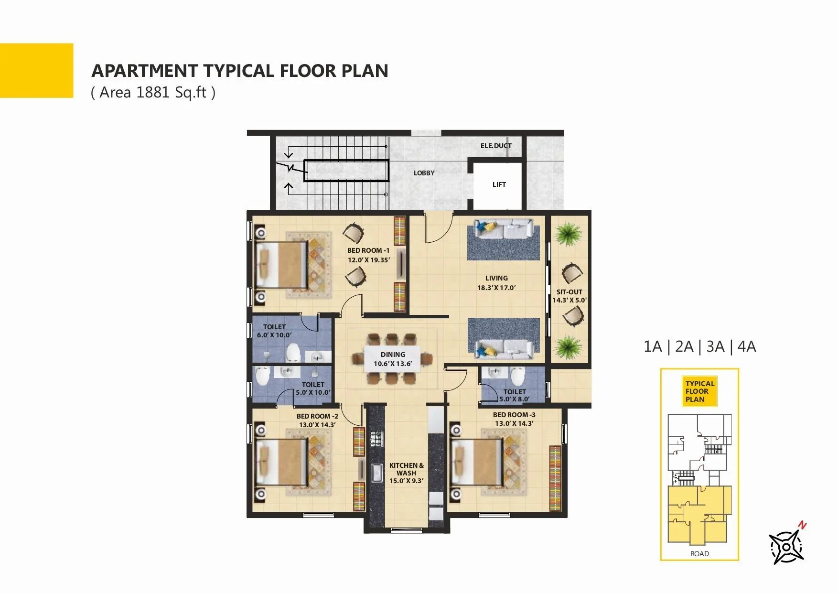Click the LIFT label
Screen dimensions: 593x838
pos(499,184)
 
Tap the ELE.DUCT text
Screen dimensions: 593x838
pos(496,146)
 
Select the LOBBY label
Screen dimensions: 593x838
pos(424,173)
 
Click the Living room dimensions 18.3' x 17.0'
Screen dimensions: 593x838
pos(496,288)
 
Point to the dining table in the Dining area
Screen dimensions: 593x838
pos(393,359)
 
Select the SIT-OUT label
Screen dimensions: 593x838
pos(569,292)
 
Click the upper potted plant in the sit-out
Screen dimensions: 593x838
pos(569,233)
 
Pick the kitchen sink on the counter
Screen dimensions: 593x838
pos(376,473)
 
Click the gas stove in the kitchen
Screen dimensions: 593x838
pos(376,438)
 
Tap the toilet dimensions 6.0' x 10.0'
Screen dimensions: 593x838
pos(274,335)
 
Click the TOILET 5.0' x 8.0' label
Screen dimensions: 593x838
pos(514,395)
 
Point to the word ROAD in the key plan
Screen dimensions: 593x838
pos(699,553)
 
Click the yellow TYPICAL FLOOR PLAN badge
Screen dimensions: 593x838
pos(699,391)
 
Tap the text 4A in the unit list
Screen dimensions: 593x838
pos(746,346)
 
